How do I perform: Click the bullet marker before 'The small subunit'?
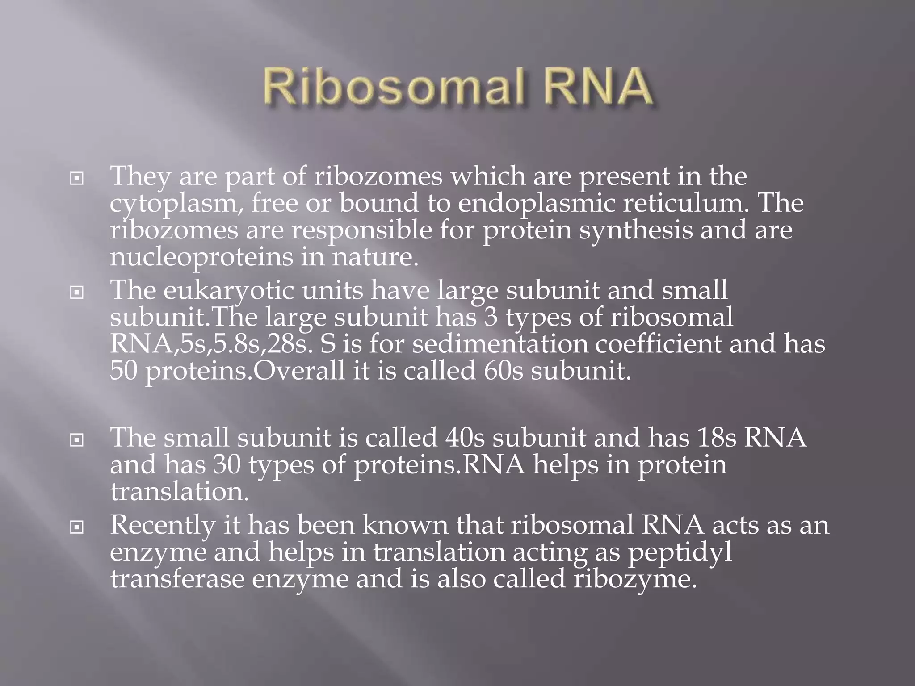[77, 440]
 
